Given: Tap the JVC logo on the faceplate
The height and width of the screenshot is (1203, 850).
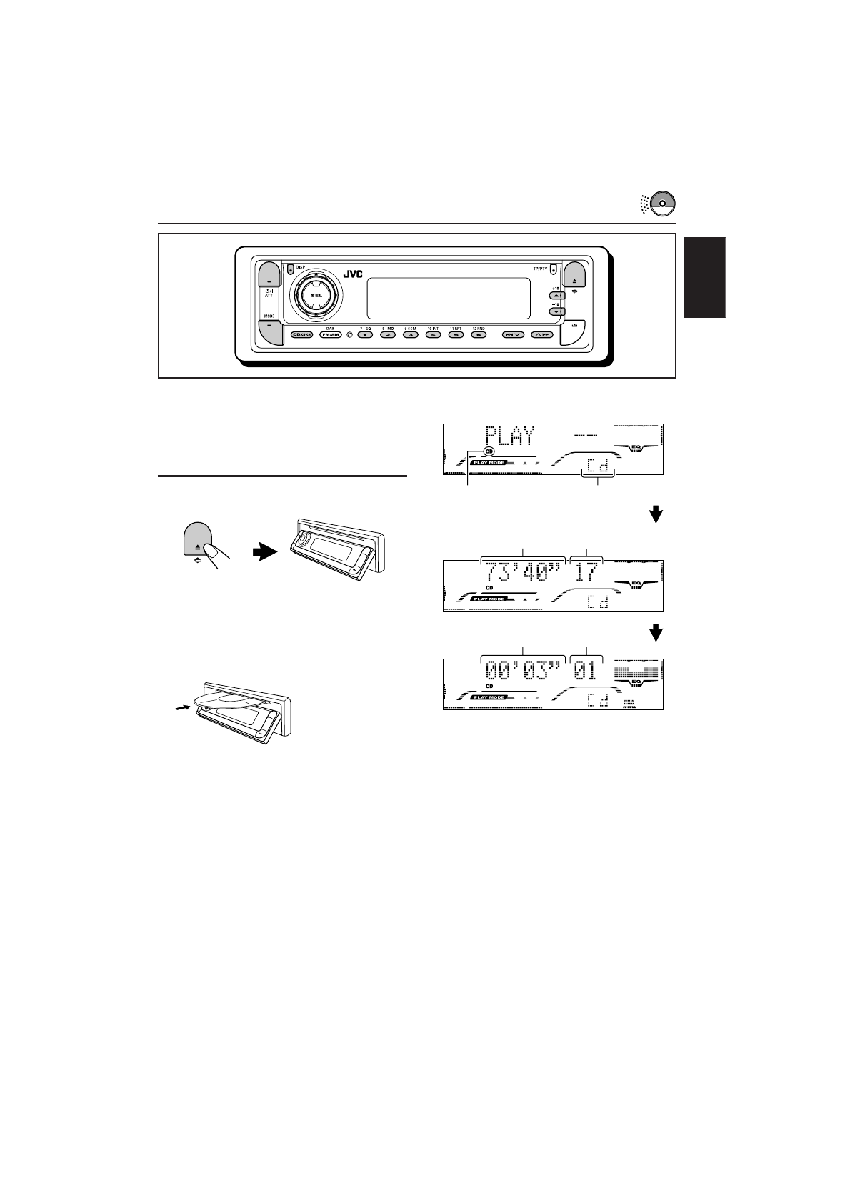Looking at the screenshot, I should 353,274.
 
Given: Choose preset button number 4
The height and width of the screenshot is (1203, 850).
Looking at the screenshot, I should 433,334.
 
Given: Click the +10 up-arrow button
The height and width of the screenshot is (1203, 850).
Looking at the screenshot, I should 554,295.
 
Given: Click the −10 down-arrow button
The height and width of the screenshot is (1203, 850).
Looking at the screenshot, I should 554,311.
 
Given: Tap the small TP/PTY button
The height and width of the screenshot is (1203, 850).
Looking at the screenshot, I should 553,271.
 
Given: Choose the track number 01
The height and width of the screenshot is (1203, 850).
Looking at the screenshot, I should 586,672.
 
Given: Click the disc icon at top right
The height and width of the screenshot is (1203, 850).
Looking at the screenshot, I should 662,202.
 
